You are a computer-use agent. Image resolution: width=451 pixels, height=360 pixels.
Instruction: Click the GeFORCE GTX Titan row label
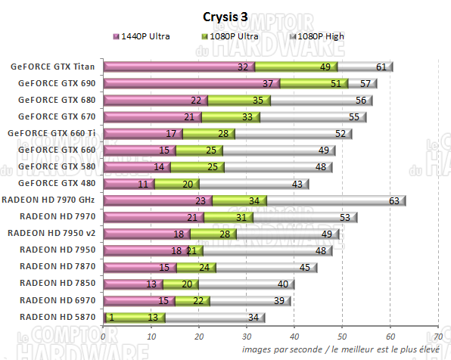53,67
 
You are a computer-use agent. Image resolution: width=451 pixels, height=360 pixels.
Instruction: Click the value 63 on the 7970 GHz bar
393,200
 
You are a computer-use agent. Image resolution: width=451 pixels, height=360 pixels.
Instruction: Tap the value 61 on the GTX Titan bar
381,67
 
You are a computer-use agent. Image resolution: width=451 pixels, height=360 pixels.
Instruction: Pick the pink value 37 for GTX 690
266,84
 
